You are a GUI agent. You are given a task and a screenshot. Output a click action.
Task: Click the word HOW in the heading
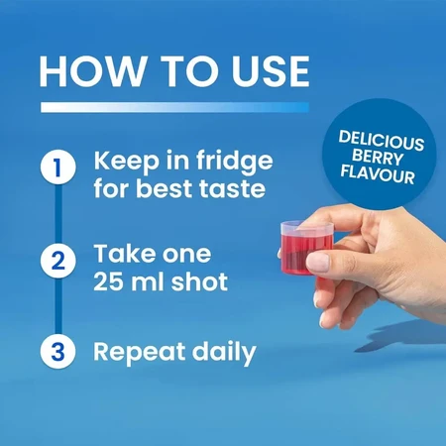pyautogui.click(x=91, y=71)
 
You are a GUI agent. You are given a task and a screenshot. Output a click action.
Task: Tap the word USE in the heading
pyautogui.click(x=271, y=71)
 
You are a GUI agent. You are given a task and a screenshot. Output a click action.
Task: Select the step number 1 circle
pyautogui.click(x=58, y=167)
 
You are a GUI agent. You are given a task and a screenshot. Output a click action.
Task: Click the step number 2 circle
pyautogui.click(x=58, y=261)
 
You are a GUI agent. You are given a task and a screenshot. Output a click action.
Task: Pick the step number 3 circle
pyautogui.click(x=58, y=351)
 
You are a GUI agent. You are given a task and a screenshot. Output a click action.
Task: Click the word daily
pyautogui.click(x=224, y=353)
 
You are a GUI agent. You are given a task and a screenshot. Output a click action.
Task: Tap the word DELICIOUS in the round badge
pyautogui.click(x=382, y=141)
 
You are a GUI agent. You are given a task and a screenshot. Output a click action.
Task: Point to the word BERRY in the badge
pyautogui.click(x=378, y=158)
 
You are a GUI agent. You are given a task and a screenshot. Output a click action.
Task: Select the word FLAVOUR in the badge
pyautogui.click(x=378, y=173)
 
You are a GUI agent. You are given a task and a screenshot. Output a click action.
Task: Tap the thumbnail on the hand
pyautogui.click(x=318, y=261)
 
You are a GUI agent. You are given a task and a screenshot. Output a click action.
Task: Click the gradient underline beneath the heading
pyautogui.click(x=174, y=107)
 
